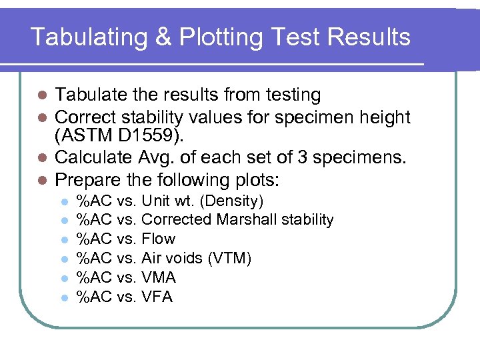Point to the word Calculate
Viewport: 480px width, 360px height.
tap(89, 159)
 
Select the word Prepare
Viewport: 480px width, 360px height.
tap(86, 180)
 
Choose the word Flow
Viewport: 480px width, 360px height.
tap(159, 239)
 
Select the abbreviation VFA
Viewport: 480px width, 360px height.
tap(157, 297)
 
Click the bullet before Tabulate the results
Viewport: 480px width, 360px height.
tap(41, 96)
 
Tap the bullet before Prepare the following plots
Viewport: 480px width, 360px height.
tap(41, 180)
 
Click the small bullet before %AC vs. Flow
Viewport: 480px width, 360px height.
tap(63, 239)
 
